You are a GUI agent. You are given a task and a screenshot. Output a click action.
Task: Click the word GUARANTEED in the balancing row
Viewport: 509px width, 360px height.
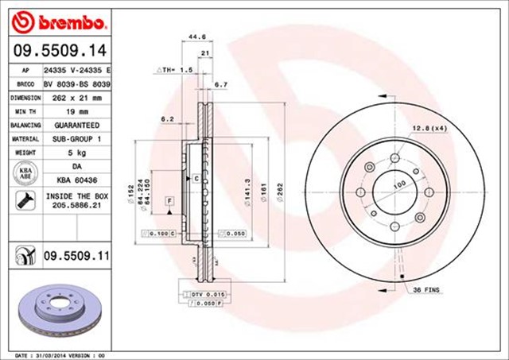(77, 126)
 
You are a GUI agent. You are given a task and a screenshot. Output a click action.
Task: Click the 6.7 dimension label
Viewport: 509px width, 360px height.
(222, 84)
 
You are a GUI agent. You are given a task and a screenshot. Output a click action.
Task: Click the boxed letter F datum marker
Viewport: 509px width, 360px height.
(169, 201)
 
